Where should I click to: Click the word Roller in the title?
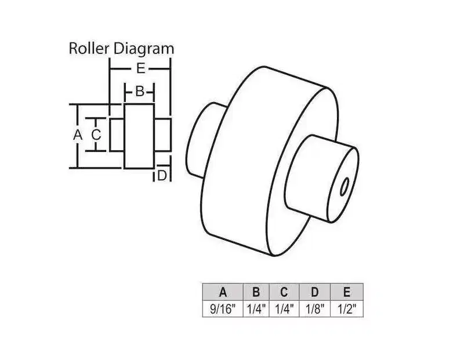(89, 49)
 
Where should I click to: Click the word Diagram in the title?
(144, 49)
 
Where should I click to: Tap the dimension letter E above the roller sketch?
(141, 69)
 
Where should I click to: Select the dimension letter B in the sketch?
(140, 92)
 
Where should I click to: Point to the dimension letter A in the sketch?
(78, 135)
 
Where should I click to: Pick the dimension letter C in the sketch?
(96, 135)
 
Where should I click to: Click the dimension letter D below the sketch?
(162, 176)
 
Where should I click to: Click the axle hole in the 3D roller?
(344, 187)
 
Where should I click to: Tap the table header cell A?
(223, 292)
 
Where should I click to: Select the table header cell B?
(256, 292)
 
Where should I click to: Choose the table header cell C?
(284, 292)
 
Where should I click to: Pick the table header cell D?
(315, 292)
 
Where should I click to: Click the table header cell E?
(346, 292)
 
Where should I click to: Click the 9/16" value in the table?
(223, 309)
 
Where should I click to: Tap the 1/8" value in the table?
(315, 309)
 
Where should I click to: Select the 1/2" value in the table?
(346, 309)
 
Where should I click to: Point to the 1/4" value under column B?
(256, 309)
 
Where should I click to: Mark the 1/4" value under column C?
(284, 309)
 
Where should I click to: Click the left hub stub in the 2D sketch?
(117, 135)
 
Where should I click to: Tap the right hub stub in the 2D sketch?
(162, 135)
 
